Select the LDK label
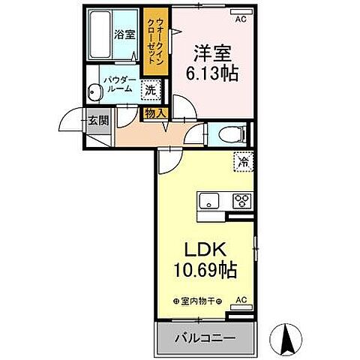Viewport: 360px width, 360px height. pos(202,248)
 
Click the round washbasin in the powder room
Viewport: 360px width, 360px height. pos(94,93)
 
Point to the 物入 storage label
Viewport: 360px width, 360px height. pos(155,114)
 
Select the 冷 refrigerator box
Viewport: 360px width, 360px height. pos(243,160)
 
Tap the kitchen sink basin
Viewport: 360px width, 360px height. pos(208,201)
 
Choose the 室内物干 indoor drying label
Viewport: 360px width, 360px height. pos(194,301)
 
